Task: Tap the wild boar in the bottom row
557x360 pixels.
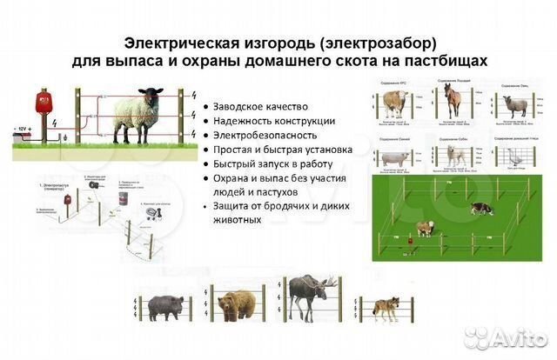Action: coord(166,305)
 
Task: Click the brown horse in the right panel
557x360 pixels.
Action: coord(452,101)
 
